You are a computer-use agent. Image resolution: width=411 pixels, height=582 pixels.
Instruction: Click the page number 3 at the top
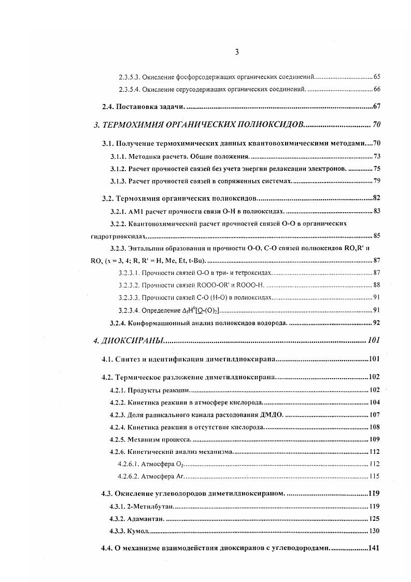point(236,52)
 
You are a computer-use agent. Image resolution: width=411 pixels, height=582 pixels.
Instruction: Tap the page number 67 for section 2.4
point(377,107)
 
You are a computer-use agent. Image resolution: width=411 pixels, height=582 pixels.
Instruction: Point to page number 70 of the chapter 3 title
point(376,125)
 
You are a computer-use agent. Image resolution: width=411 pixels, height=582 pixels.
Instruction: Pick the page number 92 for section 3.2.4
point(377,323)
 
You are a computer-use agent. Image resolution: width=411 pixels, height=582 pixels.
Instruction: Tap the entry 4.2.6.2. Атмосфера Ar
point(151,476)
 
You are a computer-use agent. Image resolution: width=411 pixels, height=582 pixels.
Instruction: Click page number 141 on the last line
point(374,549)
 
